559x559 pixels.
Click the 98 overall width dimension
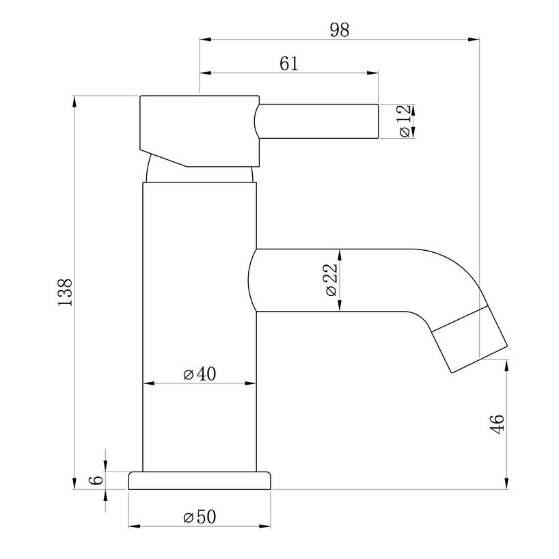[x=340, y=30]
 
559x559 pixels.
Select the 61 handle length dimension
[x=289, y=63]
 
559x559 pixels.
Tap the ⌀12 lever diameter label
[x=403, y=122]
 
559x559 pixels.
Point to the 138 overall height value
[x=65, y=292]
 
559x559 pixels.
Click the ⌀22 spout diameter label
[x=330, y=281]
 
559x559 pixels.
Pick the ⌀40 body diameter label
[x=200, y=374]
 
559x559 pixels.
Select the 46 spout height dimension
[x=497, y=424]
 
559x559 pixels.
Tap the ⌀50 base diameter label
[x=200, y=517]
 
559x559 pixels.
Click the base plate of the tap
[x=200, y=480]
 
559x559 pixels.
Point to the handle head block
[x=198, y=126]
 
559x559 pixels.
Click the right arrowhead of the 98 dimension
[x=474, y=40]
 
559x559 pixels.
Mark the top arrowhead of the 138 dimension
[x=74, y=102]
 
